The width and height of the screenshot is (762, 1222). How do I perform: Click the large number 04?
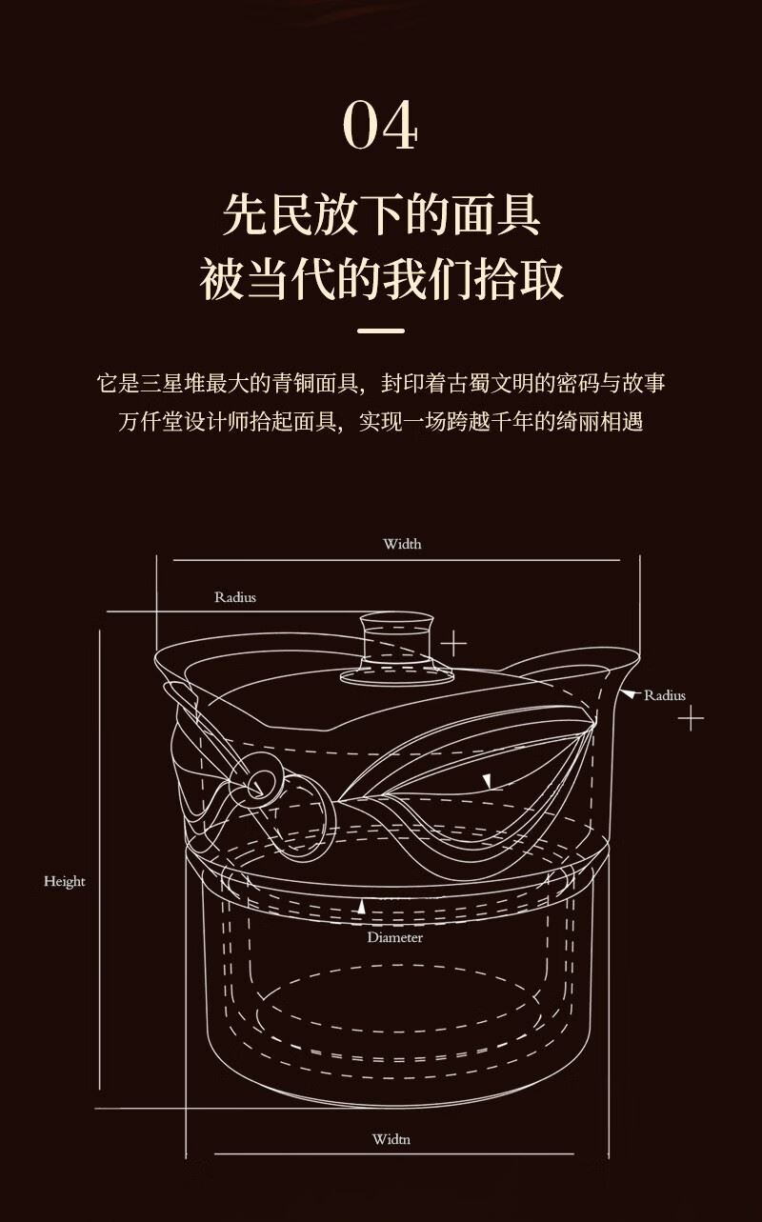pyautogui.click(x=380, y=125)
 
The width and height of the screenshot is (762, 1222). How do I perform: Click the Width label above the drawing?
pyautogui.click(x=402, y=544)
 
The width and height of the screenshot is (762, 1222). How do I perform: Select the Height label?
pyautogui.click(x=65, y=882)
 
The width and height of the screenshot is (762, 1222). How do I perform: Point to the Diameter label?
pyautogui.click(x=395, y=938)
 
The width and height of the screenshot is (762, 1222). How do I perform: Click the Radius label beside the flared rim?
pyautogui.click(x=664, y=695)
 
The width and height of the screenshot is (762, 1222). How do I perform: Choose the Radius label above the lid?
pyautogui.click(x=235, y=597)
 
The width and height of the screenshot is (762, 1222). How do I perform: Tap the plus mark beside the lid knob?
pyautogui.click(x=453, y=644)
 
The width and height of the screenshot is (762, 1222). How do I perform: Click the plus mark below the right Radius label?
pyautogui.click(x=692, y=718)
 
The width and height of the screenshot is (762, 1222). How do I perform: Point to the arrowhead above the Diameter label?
pyautogui.click(x=361, y=907)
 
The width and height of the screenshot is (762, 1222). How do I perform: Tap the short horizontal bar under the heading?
pyautogui.click(x=381, y=331)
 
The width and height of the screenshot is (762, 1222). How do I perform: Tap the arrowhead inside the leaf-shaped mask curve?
pyautogui.click(x=487, y=781)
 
